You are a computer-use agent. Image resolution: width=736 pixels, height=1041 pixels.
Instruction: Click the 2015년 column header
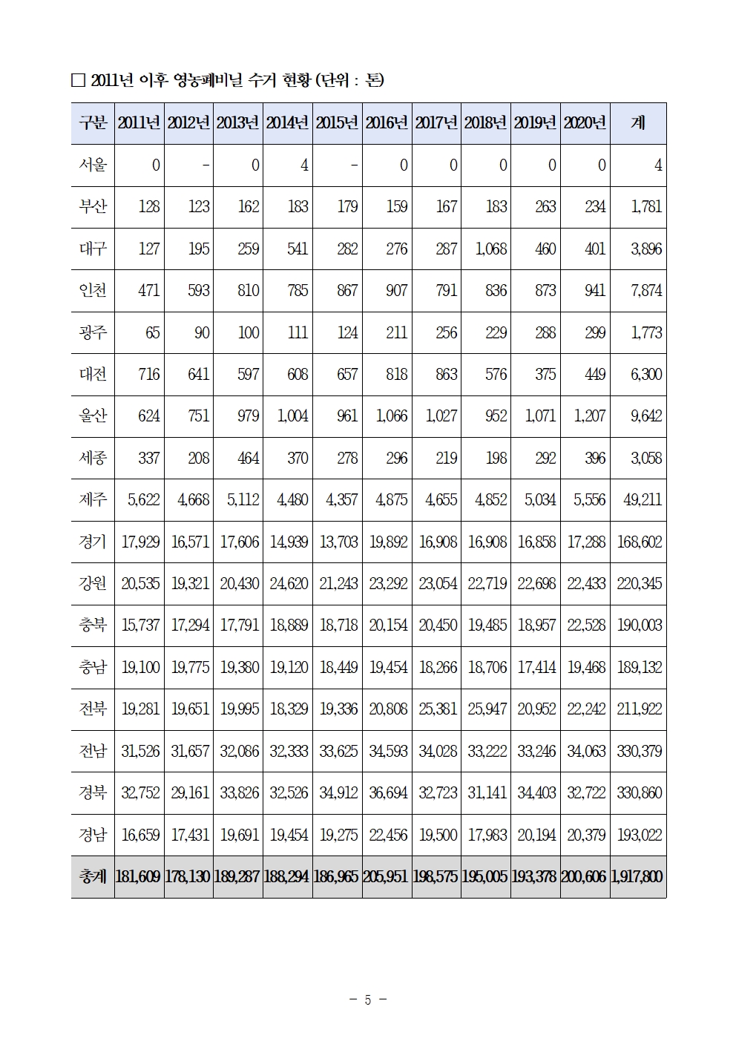(x=337, y=123)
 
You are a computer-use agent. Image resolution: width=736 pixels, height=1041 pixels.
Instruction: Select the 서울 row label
(x=93, y=165)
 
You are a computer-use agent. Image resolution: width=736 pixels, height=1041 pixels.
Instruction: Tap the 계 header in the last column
(x=637, y=123)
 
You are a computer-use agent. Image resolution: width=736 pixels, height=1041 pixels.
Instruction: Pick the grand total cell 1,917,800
(x=637, y=876)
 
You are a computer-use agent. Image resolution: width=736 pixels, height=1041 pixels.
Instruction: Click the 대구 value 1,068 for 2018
(x=490, y=249)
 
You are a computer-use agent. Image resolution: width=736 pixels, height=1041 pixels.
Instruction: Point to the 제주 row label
(x=93, y=499)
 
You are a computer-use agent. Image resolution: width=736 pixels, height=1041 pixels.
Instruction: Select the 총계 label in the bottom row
(x=93, y=876)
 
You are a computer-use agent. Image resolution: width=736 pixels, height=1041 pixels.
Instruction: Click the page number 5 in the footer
(x=368, y=999)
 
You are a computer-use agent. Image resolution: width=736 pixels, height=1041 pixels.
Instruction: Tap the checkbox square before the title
(x=78, y=81)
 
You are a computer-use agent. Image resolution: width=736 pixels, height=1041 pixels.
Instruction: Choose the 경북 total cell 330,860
(x=639, y=792)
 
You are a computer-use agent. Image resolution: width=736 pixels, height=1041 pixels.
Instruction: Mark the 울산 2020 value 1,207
(x=589, y=416)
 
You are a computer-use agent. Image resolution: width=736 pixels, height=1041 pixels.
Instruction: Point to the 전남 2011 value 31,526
(x=140, y=751)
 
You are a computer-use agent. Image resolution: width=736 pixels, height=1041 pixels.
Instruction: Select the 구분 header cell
(x=93, y=123)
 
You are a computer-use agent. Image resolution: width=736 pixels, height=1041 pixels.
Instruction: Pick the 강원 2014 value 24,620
(x=289, y=583)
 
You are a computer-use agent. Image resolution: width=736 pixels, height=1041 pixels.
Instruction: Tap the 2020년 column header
(x=585, y=123)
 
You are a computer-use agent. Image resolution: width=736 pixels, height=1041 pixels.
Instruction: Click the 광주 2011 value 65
(x=152, y=332)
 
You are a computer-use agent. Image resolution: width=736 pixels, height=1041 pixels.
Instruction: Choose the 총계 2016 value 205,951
(x=387, y=876)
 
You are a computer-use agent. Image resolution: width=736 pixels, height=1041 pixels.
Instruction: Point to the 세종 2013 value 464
(x=249, y=458)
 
